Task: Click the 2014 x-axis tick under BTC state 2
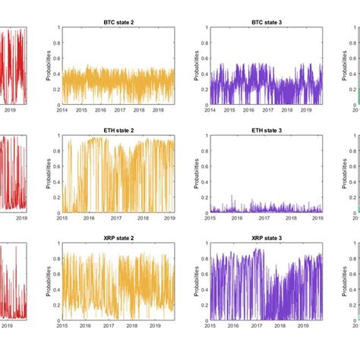pyautogui.click(x=61, y=111)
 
